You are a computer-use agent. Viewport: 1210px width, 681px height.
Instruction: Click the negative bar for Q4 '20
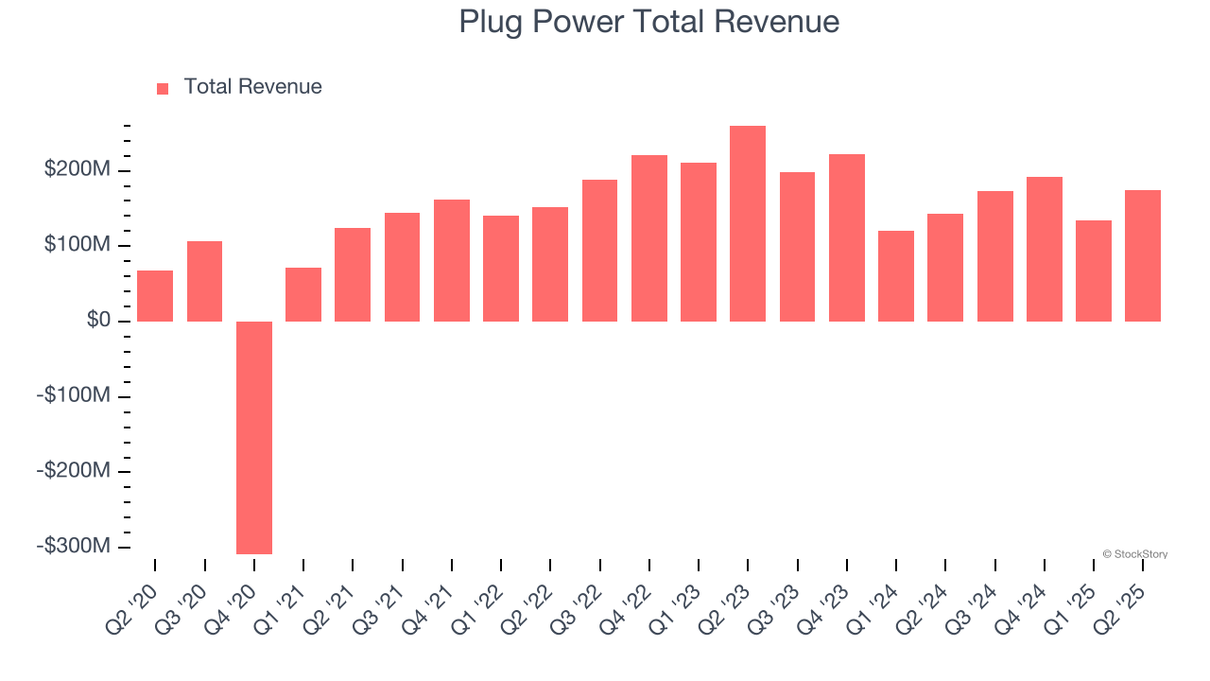point(254,437)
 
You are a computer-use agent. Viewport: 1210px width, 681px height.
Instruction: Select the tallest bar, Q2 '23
point(748,223)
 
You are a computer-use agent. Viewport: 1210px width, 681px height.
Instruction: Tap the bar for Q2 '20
point(155,296)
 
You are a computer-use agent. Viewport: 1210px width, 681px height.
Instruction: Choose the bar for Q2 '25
point(1143,255)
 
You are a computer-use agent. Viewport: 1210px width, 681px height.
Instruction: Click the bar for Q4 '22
point(649,238)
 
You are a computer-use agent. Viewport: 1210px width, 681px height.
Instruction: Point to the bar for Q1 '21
point(303,294)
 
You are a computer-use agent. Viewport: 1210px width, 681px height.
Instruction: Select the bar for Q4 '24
point(1045,249)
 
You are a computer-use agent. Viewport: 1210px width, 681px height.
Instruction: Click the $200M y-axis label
point(78,170)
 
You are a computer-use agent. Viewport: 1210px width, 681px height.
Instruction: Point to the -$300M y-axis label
point(74,546)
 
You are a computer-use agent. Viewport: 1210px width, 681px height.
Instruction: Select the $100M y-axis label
point(78,246)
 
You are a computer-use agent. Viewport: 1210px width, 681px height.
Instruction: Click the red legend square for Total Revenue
point(163,88)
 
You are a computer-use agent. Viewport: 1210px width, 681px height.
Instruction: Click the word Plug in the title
point(489,21)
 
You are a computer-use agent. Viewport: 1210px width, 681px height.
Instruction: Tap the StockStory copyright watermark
point(1134,554)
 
